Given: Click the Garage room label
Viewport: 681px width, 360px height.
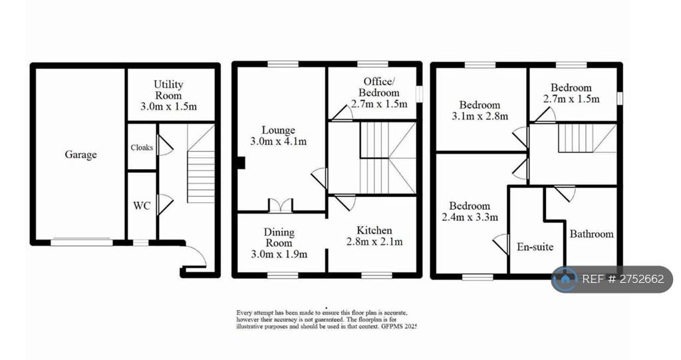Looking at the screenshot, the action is (80, 155).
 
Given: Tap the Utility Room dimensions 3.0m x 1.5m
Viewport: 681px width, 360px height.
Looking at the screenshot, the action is (168, 106).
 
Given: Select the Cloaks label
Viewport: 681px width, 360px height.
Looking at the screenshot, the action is (142, 147).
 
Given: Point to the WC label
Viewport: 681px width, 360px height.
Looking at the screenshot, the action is (142, 206).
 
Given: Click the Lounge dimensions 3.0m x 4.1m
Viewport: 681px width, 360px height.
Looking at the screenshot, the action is (279, 141).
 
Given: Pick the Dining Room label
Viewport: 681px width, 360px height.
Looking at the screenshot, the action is (279, 238).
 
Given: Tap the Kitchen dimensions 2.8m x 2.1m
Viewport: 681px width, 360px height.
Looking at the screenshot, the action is (374, 242).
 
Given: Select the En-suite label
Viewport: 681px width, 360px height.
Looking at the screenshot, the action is (535, 247).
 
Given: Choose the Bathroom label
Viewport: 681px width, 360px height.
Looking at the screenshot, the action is (591, 234).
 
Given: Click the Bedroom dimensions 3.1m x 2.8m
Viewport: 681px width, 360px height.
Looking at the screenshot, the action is (480, 116).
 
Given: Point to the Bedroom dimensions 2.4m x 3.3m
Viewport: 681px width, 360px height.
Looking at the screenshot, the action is (470, 217).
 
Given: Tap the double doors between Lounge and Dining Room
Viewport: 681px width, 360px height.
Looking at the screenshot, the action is (281, 206).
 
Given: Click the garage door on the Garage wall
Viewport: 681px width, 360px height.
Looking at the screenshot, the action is (81, 242).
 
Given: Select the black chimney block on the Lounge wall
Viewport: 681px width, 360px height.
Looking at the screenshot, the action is (240, 162).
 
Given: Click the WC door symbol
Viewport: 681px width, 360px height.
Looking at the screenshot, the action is (165, 204).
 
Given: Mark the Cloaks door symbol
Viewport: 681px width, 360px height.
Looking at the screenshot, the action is (165, 145).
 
